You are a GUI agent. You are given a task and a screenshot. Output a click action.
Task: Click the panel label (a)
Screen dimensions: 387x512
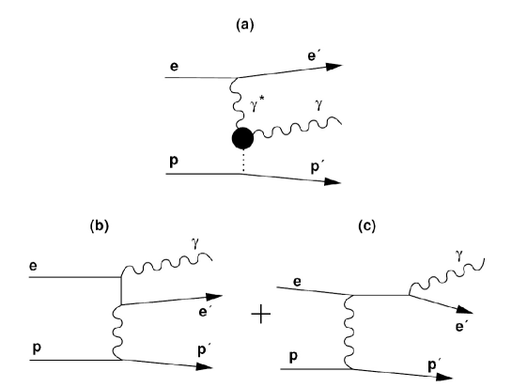pos(256,18)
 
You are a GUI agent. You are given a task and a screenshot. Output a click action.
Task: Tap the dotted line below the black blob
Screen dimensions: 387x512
pos(242,163)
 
